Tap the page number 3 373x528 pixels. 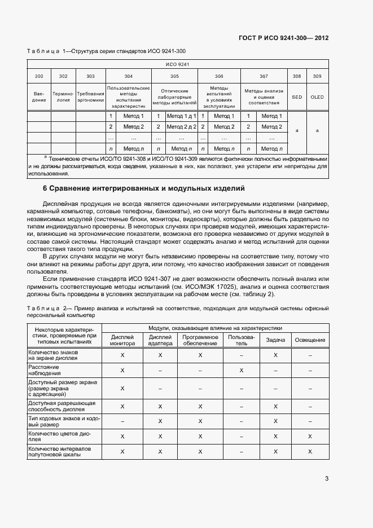tap(327, 478)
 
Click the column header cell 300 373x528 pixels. tap(39, 76)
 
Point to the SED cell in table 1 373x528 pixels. tap(297, 97)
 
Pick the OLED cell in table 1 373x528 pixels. tap(317, 97)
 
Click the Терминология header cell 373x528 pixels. tap(63, 97)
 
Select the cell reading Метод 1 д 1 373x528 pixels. tap(181, 116)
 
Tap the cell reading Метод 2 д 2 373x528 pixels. tap(181, 127)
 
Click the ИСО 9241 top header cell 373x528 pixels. tap(177, 65)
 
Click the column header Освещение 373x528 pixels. tap(310, 340)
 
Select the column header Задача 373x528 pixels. tap(275, 340)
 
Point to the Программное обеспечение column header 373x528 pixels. tap(200, 340)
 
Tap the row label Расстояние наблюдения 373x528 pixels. tap(43, 370)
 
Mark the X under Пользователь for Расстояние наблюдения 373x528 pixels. tap(242, 370)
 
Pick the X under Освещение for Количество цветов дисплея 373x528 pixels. tap(310, 437)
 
